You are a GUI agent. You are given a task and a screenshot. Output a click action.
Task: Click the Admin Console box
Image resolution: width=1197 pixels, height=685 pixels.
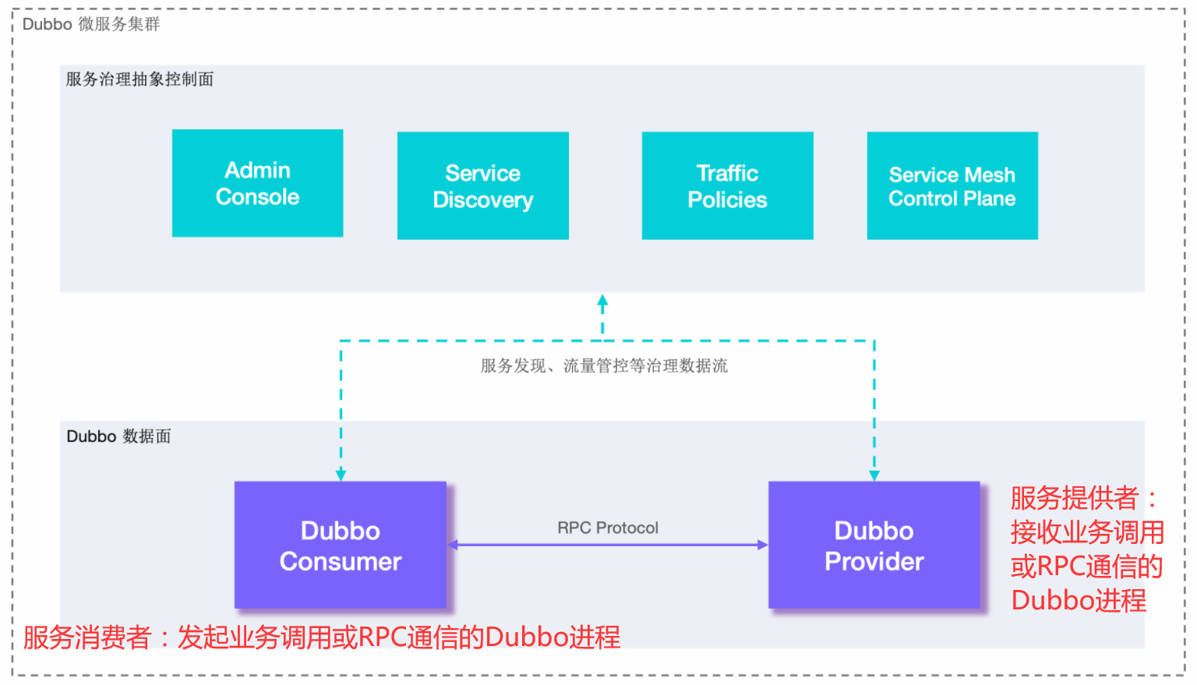257,183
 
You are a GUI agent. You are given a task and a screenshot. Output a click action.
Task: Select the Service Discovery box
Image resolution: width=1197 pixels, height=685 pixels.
482,185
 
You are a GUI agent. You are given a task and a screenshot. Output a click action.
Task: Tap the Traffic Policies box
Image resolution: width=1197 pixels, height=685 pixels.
727,185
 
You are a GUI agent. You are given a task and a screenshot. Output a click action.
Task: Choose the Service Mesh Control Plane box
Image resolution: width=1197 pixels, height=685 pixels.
952,185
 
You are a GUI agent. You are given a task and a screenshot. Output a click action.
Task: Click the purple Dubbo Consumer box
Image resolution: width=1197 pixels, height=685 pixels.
340,545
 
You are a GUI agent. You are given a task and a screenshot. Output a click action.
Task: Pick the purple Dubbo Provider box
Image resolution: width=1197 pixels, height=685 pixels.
874,545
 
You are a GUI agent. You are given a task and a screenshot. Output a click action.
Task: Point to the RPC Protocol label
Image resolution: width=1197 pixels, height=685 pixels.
608,528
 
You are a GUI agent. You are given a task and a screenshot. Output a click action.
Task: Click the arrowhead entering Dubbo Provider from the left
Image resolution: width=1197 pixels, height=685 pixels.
762,545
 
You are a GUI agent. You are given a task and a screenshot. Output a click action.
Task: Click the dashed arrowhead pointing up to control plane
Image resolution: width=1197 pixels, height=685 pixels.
602,301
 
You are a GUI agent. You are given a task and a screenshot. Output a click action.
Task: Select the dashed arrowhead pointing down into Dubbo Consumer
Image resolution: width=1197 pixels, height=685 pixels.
341,475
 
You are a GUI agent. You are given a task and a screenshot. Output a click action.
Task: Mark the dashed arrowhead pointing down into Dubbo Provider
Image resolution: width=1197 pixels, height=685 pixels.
874,475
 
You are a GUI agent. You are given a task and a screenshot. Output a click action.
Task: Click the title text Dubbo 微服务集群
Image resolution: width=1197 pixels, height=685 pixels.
91,24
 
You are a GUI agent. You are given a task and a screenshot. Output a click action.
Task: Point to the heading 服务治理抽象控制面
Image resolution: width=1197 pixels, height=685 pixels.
139,79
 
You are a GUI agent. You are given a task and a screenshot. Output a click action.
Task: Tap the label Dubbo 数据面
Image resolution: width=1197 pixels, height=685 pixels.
118,436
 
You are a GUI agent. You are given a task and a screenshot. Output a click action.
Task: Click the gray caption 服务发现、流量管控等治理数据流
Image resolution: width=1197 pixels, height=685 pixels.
604,365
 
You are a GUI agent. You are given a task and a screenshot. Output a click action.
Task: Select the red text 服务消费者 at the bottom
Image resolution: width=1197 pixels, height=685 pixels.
87,637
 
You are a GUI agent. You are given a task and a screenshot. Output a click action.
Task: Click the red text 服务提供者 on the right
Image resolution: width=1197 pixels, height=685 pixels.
1074,498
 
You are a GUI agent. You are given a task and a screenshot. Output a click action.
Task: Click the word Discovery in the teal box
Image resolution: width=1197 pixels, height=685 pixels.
483,200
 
